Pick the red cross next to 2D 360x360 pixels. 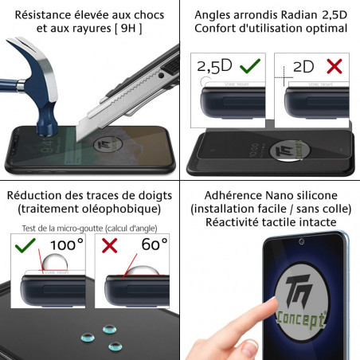click(x=335, y=66)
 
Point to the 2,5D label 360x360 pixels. click(x=213, y=66)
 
